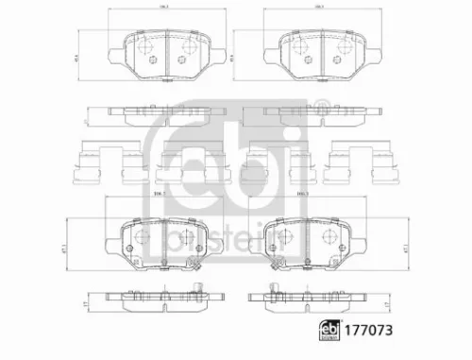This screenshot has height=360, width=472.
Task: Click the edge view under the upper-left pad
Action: click(162, 114)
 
